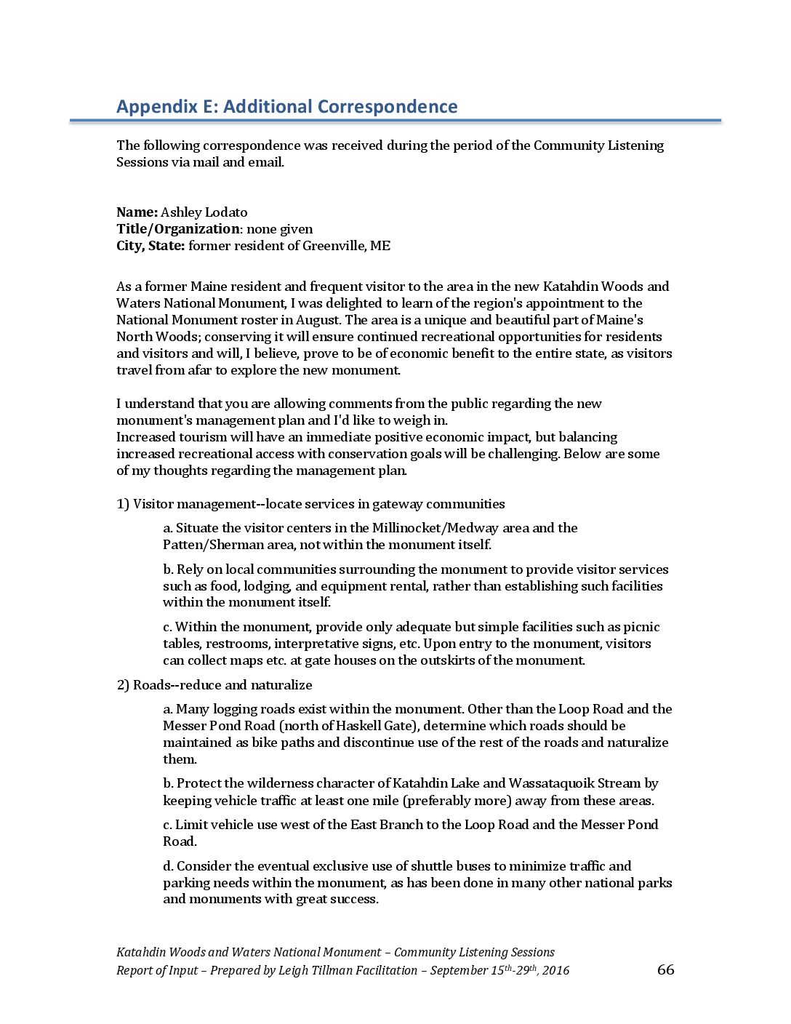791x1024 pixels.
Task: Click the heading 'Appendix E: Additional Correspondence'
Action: coord(286,107)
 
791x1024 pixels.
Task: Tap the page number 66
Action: coord(665,969)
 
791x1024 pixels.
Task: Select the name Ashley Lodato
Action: coord(204,212)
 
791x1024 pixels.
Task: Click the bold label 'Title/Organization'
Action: coord(177,229)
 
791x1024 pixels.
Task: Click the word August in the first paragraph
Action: coord(318,320)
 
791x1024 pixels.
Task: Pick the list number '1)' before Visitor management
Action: coord(123,504)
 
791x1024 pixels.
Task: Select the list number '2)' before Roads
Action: coord(123,685)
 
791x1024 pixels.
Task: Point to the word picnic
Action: coord(642,627)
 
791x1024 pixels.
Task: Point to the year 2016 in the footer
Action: coord(555,971)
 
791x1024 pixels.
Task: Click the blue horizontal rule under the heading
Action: coord(395,121)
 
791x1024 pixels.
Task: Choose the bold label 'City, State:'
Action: coord(150,246)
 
